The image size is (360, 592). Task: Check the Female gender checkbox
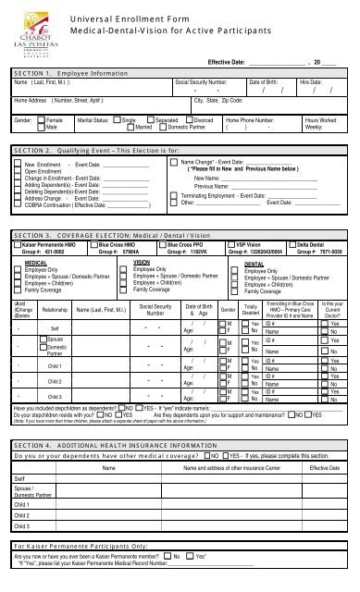point(42,144)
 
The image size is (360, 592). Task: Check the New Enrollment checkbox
point(16,190)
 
